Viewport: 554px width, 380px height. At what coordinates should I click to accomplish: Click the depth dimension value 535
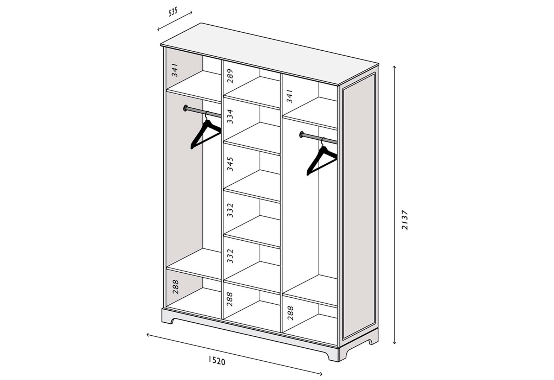point(173,12)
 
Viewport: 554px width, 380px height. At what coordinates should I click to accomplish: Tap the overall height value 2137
point(405,220)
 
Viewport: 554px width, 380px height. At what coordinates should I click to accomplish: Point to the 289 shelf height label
point(230,76)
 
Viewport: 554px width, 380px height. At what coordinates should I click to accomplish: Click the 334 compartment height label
point(230,116)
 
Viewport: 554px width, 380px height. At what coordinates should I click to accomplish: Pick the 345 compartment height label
point(230,164)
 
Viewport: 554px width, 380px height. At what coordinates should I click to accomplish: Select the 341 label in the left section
point(175,70)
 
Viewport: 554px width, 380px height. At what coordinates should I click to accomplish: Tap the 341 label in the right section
point(289,96)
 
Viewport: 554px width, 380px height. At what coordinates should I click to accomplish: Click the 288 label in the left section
point(175,287)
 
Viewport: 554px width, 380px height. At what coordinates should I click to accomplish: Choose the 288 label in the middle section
point(230,299)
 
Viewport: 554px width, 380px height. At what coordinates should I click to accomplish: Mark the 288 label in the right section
point(290,313)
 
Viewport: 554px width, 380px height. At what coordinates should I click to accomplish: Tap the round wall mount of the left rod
point(185,108)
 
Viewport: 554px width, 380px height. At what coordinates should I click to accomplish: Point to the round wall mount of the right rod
point(301,134)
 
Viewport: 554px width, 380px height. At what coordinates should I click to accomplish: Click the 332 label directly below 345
point(230,210)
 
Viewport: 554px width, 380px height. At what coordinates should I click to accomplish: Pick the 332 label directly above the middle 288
point(230,256)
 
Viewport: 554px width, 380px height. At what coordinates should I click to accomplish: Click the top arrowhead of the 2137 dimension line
point(395,67)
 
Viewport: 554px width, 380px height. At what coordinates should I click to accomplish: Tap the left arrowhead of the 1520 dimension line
point(148,335)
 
